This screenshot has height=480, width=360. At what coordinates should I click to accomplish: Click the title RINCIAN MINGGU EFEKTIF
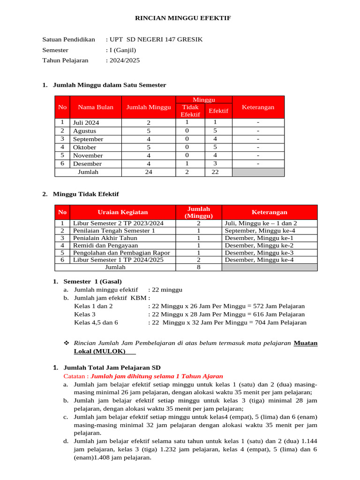pyautogui.click(x=183, y=18)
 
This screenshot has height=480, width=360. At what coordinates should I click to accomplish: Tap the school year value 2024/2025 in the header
pyautogui.click(x=124, y=60)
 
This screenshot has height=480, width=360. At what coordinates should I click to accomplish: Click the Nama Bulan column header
pyautogui.click(x=96, y=107)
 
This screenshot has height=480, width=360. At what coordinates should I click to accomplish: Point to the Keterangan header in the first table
pyautogui.click(x=258, y=107)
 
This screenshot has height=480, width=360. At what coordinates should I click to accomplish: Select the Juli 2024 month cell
pyautogui.click(x=86, y=123)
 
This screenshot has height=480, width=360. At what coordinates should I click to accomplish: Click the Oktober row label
pyautogui.click(x=85, y=147)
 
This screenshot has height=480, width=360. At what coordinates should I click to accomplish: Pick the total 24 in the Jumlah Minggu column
pyautogui.click(x=148, y=172)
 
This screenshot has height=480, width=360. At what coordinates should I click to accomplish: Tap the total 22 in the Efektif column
pyautogui.click(x=215, y=172)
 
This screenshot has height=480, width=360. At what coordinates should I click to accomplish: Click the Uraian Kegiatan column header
pyautogui.click(x=122, y=212)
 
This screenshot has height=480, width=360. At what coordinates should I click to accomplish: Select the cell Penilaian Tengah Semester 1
pyautogui.click(x=114, y=231)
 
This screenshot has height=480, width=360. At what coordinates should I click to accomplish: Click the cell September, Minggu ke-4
pyautogui.click(x=260, y=231)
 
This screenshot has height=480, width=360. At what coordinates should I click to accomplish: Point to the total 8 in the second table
pyautogui.click(x=199, y=267)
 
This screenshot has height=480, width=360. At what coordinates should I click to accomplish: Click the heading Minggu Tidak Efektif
pyautogui.click(x=86, y=194)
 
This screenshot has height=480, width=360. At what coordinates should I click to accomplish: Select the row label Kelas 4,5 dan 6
pyautogui.click(x=96, y=322)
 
